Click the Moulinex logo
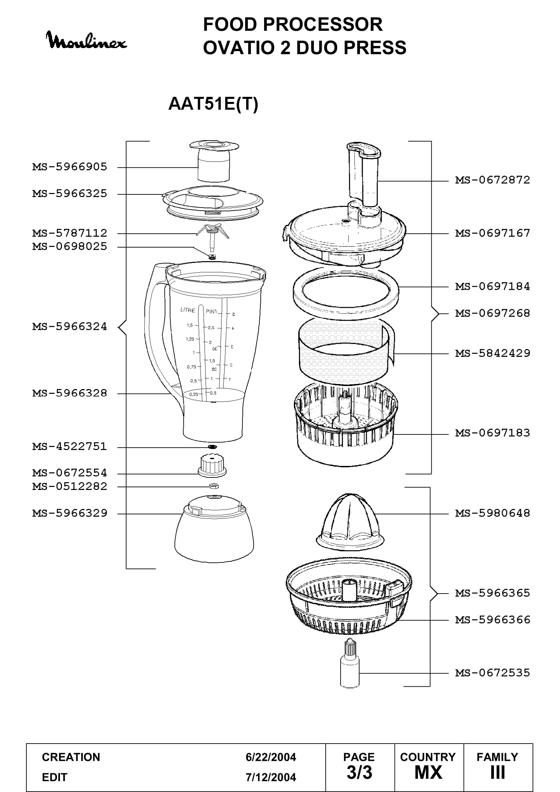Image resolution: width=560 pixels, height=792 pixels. coord(86,40)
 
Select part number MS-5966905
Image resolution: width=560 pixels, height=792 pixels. coord(70,167)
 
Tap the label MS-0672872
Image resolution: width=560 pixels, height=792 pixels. coord(492,180)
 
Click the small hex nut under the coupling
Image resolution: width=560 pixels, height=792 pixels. coord(214,486)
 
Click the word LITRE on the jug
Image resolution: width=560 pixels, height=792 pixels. coord(188,310)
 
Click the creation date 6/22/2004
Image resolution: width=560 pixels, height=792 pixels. coord(271,757)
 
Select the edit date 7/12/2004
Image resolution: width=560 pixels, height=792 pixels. coord(271,777)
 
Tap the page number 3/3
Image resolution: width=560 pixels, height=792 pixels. coord(359,773)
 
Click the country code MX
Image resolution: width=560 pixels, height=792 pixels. coord(428,773)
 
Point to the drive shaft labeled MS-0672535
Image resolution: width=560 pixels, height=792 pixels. coord(350,663)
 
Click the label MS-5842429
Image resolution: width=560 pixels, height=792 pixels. coord(492,353)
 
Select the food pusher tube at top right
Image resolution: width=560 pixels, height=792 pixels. coord(364,176)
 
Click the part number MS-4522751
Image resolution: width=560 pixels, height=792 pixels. coord(70,447)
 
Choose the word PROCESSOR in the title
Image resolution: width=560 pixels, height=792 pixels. coord(323,24)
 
